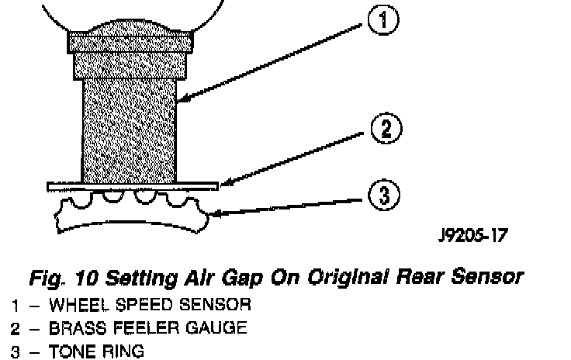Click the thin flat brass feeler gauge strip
(131, 186)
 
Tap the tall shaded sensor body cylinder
(130, 128)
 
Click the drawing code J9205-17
(472, 235)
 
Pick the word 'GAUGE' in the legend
(220, 327)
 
